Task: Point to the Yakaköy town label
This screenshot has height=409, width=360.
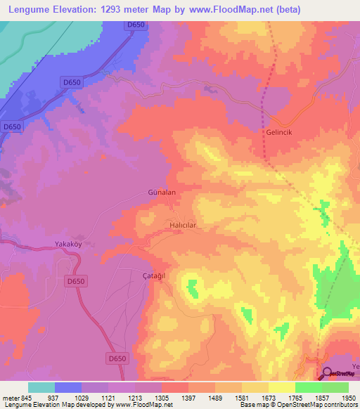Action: coord(70,245)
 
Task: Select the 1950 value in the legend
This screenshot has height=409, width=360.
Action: coord(348,398)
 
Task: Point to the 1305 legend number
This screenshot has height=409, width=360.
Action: coord(161,398)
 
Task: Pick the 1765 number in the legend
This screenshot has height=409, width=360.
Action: coord(295,398)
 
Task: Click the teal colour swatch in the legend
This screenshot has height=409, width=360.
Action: coord(41,387)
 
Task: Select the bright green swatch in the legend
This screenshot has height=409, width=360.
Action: coord(308,387)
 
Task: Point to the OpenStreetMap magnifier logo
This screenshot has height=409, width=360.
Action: coord(328,375)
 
